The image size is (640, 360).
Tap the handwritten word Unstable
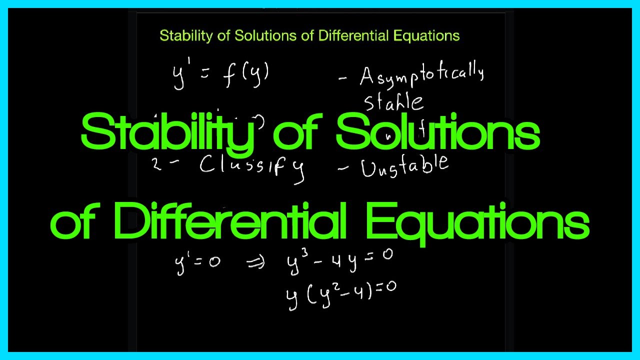pyautogui.click(x=405, y=166)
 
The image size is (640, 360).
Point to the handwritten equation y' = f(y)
pyautogui.click(x=221, y=76)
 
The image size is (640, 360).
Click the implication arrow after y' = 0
pyautogui.click(x=256, y=263)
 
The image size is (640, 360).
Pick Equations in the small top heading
pyautogui.click(x=426, y=36)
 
